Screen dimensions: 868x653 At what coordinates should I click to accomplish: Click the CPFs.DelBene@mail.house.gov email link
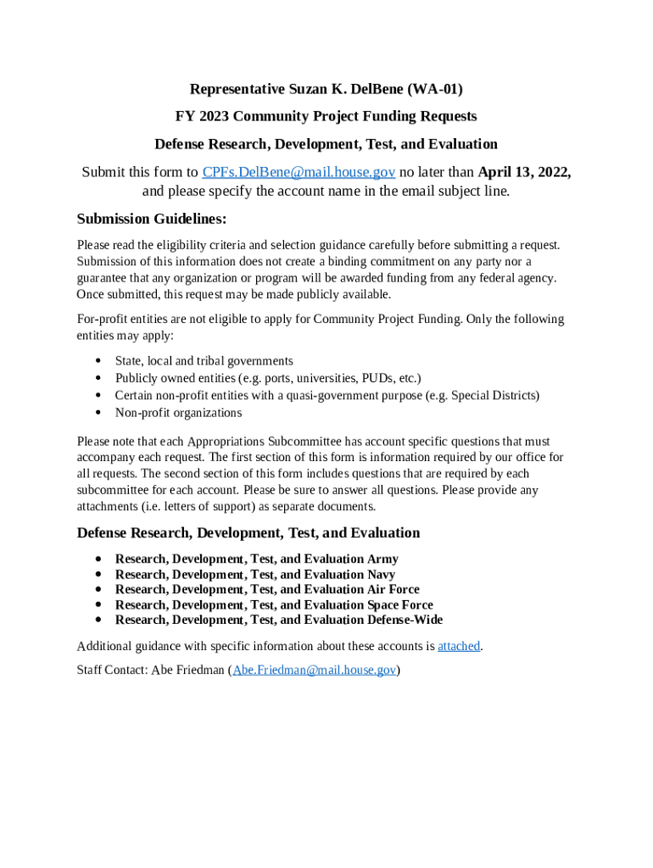[x=299, y=172]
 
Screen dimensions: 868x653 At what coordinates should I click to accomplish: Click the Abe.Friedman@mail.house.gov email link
[x=315, y=670]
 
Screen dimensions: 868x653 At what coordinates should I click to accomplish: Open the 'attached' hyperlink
[x=459, y=646]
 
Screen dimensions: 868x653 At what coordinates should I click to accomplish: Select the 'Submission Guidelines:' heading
[x=152, y=219]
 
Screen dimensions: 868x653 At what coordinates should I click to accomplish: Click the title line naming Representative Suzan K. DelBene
[x=326, y=89]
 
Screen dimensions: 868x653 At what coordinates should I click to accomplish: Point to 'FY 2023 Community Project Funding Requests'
[x=326, y=116]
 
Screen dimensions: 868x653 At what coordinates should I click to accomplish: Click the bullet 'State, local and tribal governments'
[x=204, y=361]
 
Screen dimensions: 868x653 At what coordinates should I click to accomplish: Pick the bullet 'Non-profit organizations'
[x=178, y=413]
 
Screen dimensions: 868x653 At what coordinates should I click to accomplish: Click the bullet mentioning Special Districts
[x=326, y=395]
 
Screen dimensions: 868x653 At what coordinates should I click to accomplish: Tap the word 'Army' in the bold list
[x=382, y=559]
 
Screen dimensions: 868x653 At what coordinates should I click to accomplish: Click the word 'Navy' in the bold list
[x=381, y=575]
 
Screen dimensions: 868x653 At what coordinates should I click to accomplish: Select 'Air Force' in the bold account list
[x=393, y=589]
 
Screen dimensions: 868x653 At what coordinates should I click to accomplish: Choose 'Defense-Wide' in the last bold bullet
[x=405, y=620]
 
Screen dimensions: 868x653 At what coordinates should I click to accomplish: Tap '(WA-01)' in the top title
[x=434, y=89]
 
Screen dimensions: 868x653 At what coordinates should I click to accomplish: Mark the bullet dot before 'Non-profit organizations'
[x=99, y=414]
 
